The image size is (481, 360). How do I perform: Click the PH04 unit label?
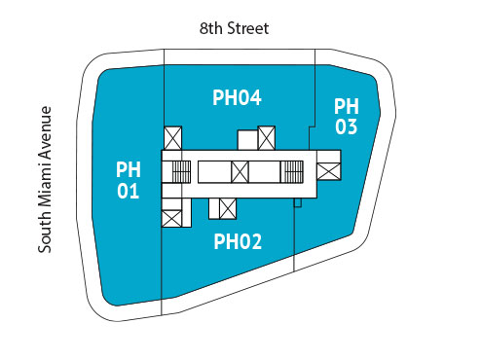[x=237, y=97]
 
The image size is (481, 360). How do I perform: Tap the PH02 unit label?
[x=238, y=241]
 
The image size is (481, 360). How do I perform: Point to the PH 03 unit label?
[x=346, y=116]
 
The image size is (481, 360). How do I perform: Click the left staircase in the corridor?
[x=180, y=172]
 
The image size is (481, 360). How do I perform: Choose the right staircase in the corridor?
[x=291, y=172]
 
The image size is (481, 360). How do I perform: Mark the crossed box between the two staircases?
[x=240, y=172]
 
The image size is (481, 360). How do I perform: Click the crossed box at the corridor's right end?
[x=328, y=171]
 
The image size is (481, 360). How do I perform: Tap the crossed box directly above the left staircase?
[x=172, y=137]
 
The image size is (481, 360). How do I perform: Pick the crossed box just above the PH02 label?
[x=230, y=207]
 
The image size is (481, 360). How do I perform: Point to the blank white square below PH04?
[x=248, y=140]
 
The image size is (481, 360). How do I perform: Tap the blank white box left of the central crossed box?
[x=213, y=172]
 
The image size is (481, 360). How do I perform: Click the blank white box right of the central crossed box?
[x=263, y=172]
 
